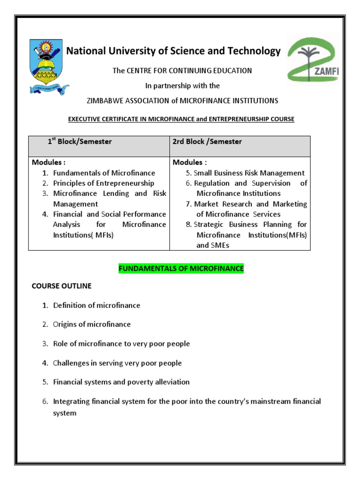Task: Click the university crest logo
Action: coord(48,66)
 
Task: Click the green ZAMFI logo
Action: coord(312,60)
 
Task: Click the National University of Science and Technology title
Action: coord(173,51)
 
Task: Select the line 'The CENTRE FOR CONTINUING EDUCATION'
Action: coord(182,70)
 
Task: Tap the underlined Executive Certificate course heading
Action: coord(181,119)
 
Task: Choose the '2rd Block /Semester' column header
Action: coord(208,142)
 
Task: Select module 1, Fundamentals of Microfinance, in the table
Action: coord(104,173)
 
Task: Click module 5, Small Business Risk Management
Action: coord(249,173)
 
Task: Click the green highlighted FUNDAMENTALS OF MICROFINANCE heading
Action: coord(181,269)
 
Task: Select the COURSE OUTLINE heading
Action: coord(61,285)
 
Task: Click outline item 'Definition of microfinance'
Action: coord(97,305)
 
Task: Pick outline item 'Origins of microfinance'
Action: coord(92,324)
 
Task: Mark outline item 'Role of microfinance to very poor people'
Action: coord(121,344)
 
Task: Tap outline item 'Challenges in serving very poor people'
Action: coord(117,363)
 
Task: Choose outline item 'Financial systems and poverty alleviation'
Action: coord(121,382)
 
